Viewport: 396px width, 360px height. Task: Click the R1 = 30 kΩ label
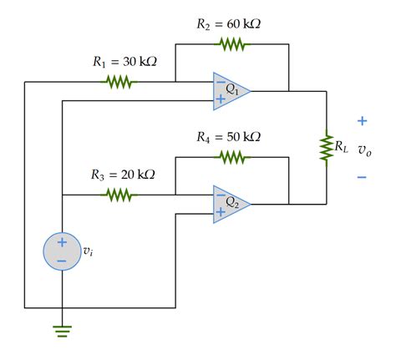[x=123, y=63]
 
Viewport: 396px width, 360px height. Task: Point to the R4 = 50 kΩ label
[x=228, y=136]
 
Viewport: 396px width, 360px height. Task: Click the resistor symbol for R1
[x=118, y=82]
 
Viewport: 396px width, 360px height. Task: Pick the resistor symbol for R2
[x=233, y=43]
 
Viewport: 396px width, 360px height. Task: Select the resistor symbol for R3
[x=118, y=195]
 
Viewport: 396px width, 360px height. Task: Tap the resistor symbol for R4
[x=231, y=155]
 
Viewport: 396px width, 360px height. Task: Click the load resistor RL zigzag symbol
[x=326, y=148]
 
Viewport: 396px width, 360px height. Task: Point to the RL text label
[x=341, y=147]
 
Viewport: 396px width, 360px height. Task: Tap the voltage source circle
[x=62, y=251]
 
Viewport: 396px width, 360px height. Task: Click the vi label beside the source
[x=88, y=251]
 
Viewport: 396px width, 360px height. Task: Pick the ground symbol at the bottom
[x=62, y=329]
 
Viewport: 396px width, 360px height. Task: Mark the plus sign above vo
[x=362, y=121]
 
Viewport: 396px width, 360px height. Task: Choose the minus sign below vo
[x=362, y=176]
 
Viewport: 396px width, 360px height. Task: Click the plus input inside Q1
[x=220, y=99]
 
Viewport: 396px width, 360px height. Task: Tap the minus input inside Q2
[x=220, y=195]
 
